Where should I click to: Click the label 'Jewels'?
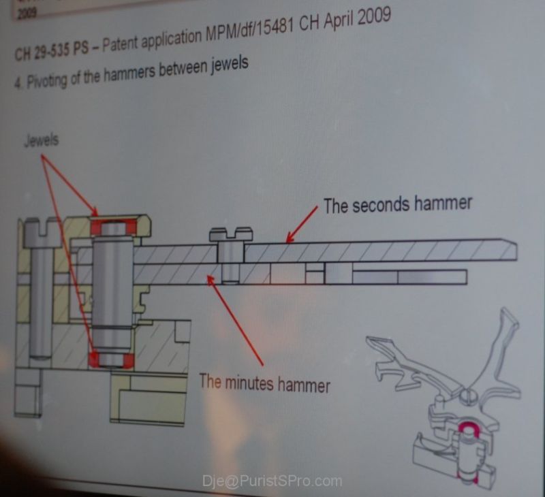tap(42, 140)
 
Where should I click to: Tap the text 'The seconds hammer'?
tap(398, 204)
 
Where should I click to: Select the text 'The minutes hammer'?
tap(264, 383)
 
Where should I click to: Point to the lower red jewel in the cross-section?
tap(111, 359)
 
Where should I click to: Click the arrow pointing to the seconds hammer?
tap(302, 224)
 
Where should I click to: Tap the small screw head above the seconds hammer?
tap(231, 234)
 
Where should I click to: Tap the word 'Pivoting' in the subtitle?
tap(46, 80)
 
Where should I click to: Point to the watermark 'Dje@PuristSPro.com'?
tap(272, 481)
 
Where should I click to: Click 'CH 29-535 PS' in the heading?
tap(52, 50)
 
